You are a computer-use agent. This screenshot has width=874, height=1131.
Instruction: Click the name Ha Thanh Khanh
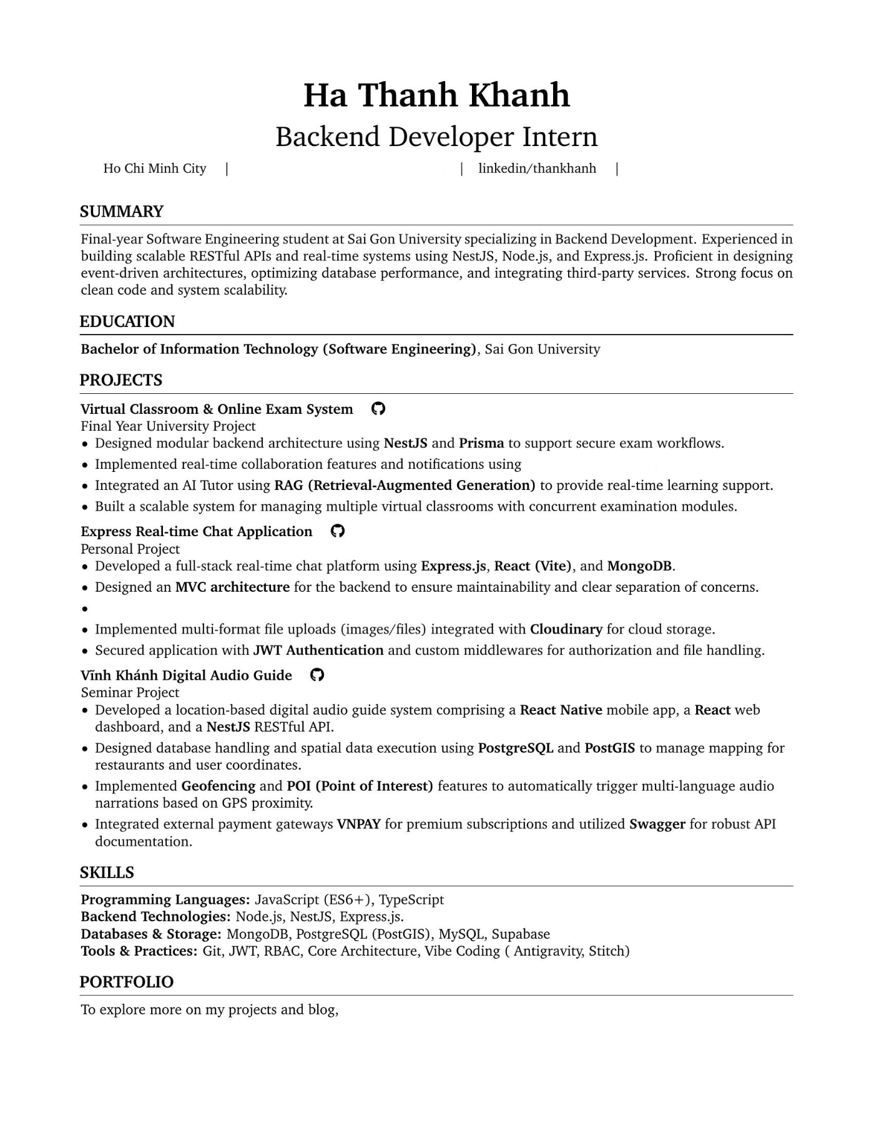436,95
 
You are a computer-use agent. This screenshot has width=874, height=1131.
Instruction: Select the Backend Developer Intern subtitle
436,137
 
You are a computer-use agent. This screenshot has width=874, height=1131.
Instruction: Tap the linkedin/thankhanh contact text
537,169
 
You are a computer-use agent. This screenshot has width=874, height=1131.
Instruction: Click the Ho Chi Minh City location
155,169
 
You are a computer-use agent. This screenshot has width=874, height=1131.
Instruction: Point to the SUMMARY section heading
122,212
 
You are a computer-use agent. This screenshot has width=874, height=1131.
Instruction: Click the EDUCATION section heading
127,321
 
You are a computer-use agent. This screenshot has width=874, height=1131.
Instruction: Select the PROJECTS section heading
121,380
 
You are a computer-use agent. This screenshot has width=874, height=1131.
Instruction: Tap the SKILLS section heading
107,873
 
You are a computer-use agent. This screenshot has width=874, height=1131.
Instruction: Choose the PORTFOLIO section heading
127,982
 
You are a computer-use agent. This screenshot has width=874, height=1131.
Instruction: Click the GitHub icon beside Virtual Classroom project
378,409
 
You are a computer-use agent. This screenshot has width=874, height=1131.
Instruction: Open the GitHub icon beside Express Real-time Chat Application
338,531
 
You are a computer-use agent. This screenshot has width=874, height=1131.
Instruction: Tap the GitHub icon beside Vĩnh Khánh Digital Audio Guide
317,675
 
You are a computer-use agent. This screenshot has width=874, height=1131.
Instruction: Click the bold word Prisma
481,443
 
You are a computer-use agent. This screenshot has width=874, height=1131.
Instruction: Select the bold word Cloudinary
566,629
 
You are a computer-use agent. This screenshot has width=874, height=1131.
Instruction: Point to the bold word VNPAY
359,824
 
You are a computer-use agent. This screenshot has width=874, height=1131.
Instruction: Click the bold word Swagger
657,824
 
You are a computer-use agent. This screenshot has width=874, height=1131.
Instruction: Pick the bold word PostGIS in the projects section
609,748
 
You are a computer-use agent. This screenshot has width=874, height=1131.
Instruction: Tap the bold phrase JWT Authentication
318,650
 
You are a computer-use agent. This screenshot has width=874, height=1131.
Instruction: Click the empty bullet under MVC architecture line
85,609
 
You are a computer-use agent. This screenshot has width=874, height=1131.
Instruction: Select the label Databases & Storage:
151,934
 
